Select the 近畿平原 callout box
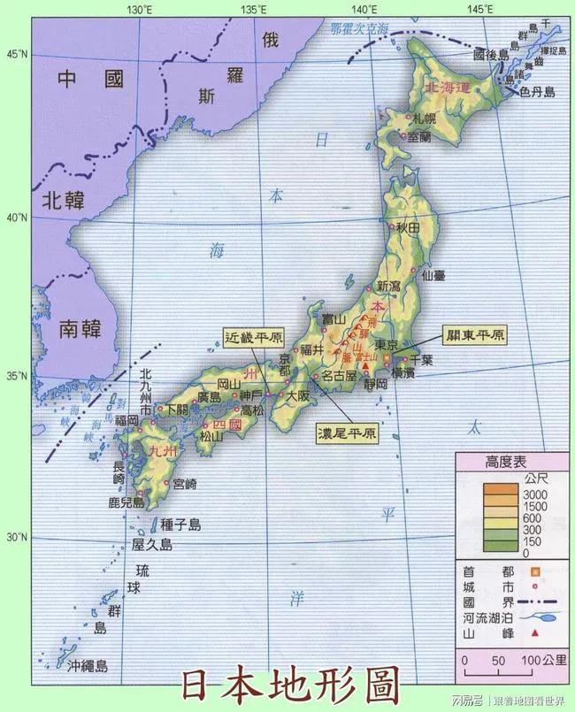pyautogui.click(x=254, y=337)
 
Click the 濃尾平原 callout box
pyautogui.click(x=347, y=434)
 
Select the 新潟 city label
pyautogui.click(x=388, y=286)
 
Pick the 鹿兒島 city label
pyautogui.click(x=126, y=502)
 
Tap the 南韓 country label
pyautogui.click(x=81, y=330)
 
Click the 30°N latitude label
pyautogui.click(x=18, y=537)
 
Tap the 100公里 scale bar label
pyautogui.click(x=542, y=661)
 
